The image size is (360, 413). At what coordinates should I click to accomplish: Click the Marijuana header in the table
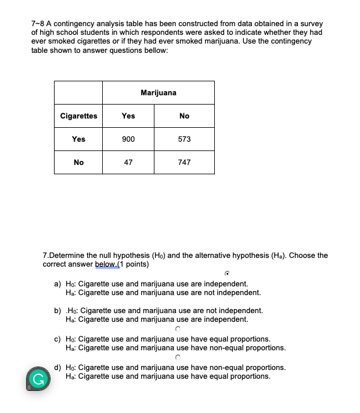pyautogui.click(x=158, y=92)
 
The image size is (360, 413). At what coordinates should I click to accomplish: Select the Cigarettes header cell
pyautogui.click(x=78, y=116)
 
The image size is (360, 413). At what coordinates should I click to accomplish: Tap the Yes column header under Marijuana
pyautogui.click(x=128, y=116)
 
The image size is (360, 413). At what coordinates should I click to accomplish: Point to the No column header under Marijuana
pyautogui.click(x=184, y=116)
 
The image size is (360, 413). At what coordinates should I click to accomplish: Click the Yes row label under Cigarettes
pyautogui.click(x=78, y=139)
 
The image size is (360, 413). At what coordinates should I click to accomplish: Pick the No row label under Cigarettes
pyautogui.click(x=78, y=162)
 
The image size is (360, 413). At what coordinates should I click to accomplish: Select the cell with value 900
pyautogui.click(x=128, y=139)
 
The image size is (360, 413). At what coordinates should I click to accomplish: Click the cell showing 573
pyautogui.click(x=184, y=139)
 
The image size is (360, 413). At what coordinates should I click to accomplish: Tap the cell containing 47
pyautogui.click(x=128, y=162)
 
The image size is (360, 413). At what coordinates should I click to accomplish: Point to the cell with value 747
pyautogui.click(x=184, y=162)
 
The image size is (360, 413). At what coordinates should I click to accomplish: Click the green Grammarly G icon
pyautogui.click(x=38, y=380)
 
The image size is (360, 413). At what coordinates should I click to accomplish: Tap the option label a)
pyautogui.click(x=57, y=284)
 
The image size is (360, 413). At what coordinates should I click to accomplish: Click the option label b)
pyautogui.click(x=57, y=311)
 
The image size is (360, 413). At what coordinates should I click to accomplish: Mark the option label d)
pyautogui.click(x=57, y=368)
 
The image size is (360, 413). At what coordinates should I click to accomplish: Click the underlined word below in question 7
pyautogui.click(x=105, y=264)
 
